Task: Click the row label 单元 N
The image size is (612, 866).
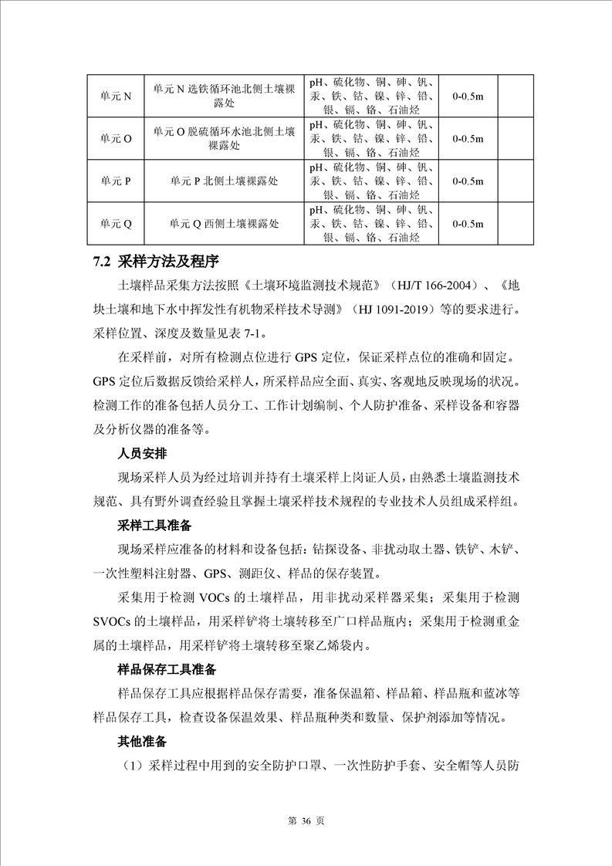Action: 117,96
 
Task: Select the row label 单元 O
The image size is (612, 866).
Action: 117,138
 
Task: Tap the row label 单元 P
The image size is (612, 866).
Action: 117,181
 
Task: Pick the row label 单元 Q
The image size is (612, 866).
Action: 117,224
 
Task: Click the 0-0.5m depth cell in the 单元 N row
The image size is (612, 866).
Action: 468,96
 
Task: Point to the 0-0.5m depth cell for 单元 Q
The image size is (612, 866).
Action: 468,224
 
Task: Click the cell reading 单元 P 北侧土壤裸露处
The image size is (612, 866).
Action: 225,181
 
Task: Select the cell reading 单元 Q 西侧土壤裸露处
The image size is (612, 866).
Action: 225,224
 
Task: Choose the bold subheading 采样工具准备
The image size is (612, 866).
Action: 154,526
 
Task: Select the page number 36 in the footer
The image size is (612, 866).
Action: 306,821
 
